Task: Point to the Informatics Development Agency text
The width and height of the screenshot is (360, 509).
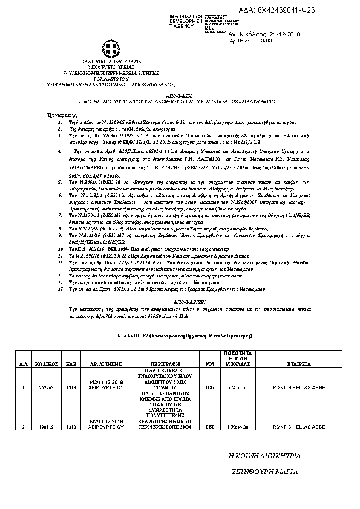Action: [186, 21]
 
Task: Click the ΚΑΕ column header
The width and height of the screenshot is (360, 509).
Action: [70, 365]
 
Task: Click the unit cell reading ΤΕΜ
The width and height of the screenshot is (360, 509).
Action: [211, 387]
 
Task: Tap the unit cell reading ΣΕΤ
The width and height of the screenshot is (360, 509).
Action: [211, 427]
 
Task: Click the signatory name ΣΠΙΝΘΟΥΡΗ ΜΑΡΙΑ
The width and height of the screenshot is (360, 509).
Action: [267, 470]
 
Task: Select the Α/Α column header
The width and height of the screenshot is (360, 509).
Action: [23, 365]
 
